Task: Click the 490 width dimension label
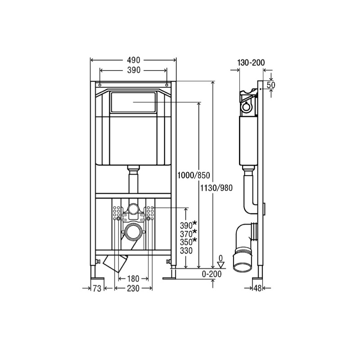click(133, 60)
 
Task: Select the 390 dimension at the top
click(133, 70)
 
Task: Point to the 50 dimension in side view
click(271, 85)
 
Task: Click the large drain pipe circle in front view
click(133, 233)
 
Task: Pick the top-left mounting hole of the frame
click(99, 85)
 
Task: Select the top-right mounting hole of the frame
click(167, 85)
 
